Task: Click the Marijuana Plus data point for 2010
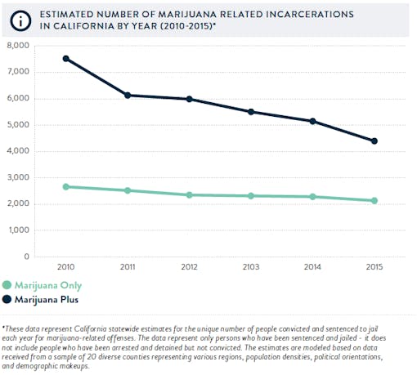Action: coord(65,59)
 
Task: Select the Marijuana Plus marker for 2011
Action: coord(128,96)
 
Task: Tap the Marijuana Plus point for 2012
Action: coord(190,99)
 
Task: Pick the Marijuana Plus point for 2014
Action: coord(312,121)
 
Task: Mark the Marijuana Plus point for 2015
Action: coord(374,141)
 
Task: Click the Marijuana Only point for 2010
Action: coord(65,186)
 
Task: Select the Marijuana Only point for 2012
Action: coord(190,194)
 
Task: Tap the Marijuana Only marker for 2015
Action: coord(374,200)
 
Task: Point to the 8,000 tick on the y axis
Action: coord(17,46)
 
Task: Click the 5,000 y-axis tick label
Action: coord(17,125)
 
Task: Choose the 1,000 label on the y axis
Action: coord(17,230)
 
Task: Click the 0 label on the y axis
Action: coord(26,257)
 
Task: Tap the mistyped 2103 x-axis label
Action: coord(251,268)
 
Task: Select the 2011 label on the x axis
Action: coord(128,268)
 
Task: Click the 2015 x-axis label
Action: coord(374,268)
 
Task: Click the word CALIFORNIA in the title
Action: coord(72,26)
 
